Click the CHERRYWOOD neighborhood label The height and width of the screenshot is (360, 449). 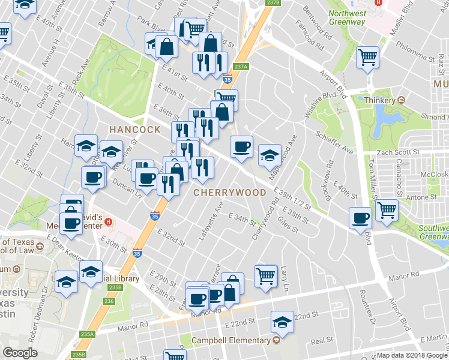point(229,193)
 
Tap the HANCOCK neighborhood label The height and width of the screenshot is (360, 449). point(134,129)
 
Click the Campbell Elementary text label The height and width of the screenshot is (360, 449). point(231,340)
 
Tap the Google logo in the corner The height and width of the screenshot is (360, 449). point(20,353)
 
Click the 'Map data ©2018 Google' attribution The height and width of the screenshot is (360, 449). point(411,355)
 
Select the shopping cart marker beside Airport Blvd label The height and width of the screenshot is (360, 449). point(367,58)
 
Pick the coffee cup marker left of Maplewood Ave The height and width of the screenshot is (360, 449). point(242,147)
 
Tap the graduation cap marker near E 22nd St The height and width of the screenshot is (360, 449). point(282,323)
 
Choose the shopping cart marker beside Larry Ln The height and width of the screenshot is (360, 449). point(265,277)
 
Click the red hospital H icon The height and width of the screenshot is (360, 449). point(108,221)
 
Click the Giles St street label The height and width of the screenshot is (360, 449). point(288,227)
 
